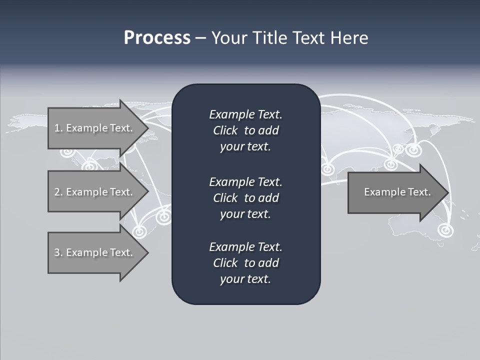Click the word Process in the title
pyautogui.click(x=157, y=38)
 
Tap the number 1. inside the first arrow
pyautogui.click(x=58, y=128)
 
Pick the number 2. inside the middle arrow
pyautogui.click(x=58, y=192)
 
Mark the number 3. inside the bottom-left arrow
pyautogui.click(x=58, y=252)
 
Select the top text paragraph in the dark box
pyautogui.click(x=245, y=130)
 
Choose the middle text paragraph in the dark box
pyautogui.click(x=245, y=197)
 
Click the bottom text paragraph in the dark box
pyautogui.click(x=245, y=263)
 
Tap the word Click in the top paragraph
pyautogui.click(x=225, y=130)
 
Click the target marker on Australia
pyautogui.click(x=444, y=230)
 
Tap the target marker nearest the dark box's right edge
pyautogui.click(x=327, y=169)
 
